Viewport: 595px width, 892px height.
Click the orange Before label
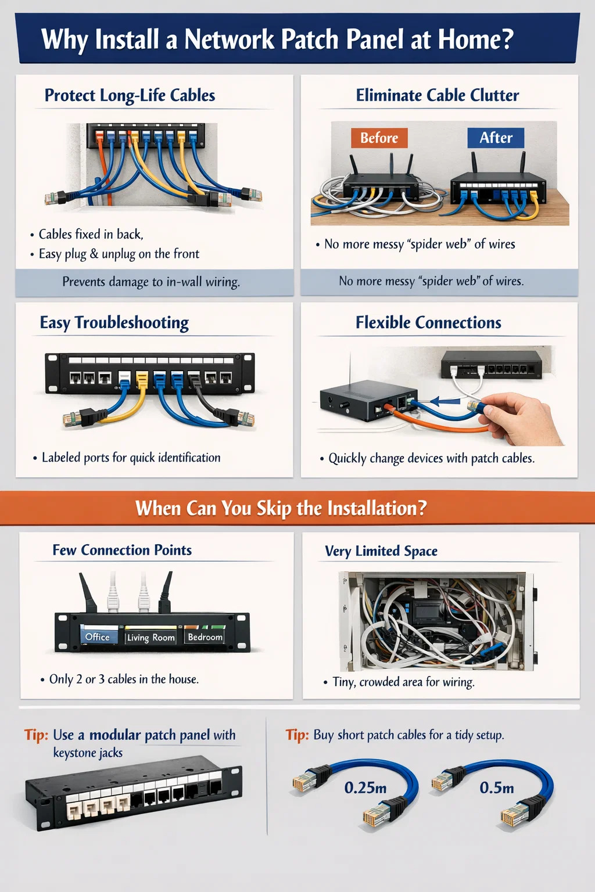click(x=379, y=138)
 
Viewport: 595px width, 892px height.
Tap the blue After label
click(x=496, y=138)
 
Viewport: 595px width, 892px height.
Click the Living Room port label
click(x=150, y=637)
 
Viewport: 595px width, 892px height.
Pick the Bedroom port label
click(x=205, y=636)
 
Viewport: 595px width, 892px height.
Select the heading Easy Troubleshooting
click(x=114, y=322)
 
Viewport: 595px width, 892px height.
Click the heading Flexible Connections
click(x=428, y=322)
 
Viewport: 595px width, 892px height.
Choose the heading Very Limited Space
click(x=381, y=551)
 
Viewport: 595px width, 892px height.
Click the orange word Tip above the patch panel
click(x=36, y=735)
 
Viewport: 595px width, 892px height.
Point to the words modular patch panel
click(x=149, y=735)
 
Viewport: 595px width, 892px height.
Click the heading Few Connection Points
click(x=122, y=550)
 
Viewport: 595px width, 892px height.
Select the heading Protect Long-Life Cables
click(x=130, y=95)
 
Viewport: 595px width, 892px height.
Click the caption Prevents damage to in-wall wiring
click(x=151, y=282)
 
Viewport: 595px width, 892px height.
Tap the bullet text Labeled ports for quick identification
click(x=131, y=458)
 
